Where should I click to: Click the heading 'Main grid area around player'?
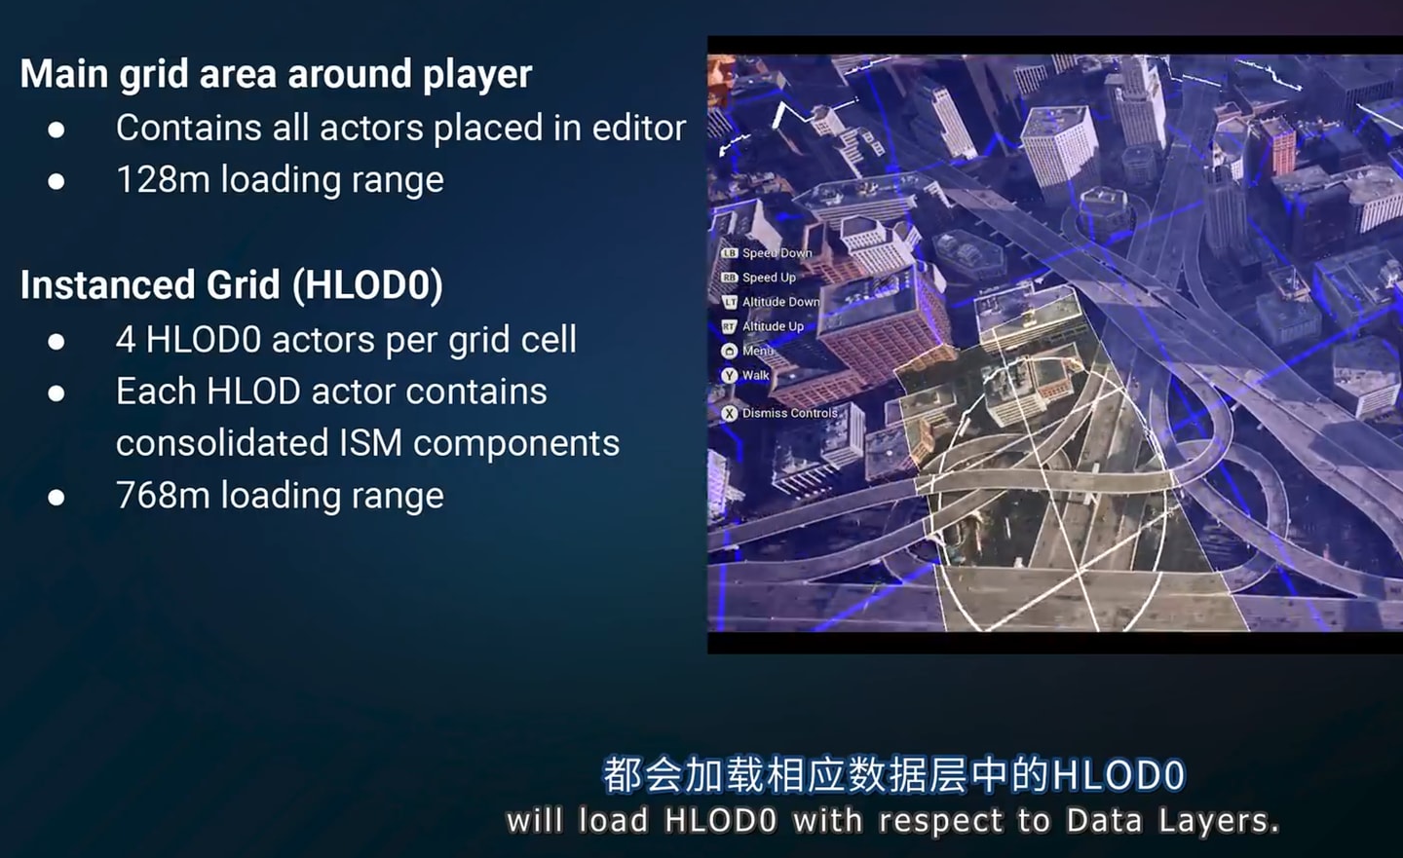[277, 75]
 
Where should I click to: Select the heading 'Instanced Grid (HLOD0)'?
[232, 285]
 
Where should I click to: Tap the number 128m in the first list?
[163, 180]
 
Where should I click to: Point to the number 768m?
[163, 496]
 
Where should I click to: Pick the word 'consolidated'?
[222, 443]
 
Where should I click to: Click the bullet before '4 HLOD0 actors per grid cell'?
[57, 342]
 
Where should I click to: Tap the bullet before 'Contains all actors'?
[57, 130]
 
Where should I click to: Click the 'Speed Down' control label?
[777, 253]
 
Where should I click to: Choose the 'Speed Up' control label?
[769, 278]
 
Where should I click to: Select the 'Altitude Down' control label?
[781, 302]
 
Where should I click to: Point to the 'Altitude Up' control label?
[773, 326]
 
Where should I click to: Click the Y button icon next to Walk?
[729, 375]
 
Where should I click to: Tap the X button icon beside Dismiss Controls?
[729, 413]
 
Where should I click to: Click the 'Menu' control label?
[758, 351]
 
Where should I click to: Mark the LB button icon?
[729, 253]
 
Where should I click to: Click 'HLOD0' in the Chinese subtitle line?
[1119, 775]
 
